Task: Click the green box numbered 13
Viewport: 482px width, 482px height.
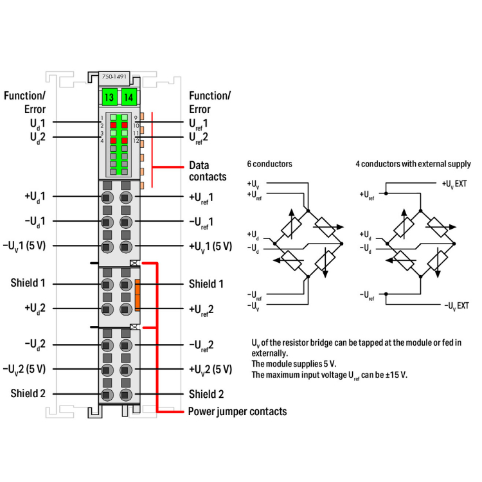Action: (109, 98)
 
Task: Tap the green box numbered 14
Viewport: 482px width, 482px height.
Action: (129, 98)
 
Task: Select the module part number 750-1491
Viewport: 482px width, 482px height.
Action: (114, 77)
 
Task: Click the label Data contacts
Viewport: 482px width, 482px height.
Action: (208, 170)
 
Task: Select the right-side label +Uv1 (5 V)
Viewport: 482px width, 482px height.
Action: (210, 246)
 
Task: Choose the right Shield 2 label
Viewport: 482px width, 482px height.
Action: (206, 394)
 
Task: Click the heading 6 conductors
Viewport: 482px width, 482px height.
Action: (269, 164)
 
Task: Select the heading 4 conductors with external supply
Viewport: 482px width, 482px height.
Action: (413, 164)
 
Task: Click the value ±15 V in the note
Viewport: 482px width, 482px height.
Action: (395, 374)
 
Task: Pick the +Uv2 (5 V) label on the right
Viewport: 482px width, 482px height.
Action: (210, 369)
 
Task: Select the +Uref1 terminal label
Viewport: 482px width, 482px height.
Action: (201, 197)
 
